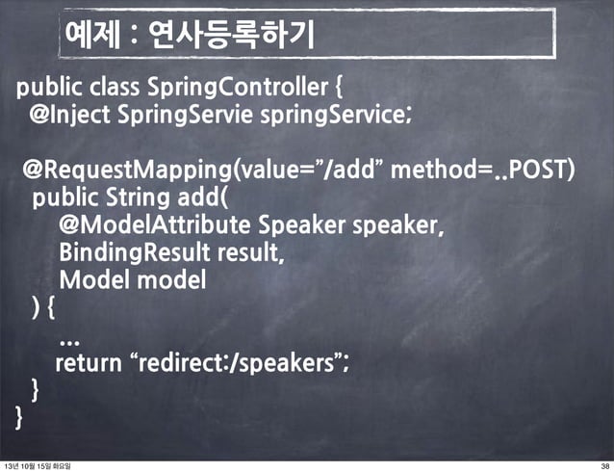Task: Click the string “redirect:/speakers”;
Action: coord(241,364)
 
